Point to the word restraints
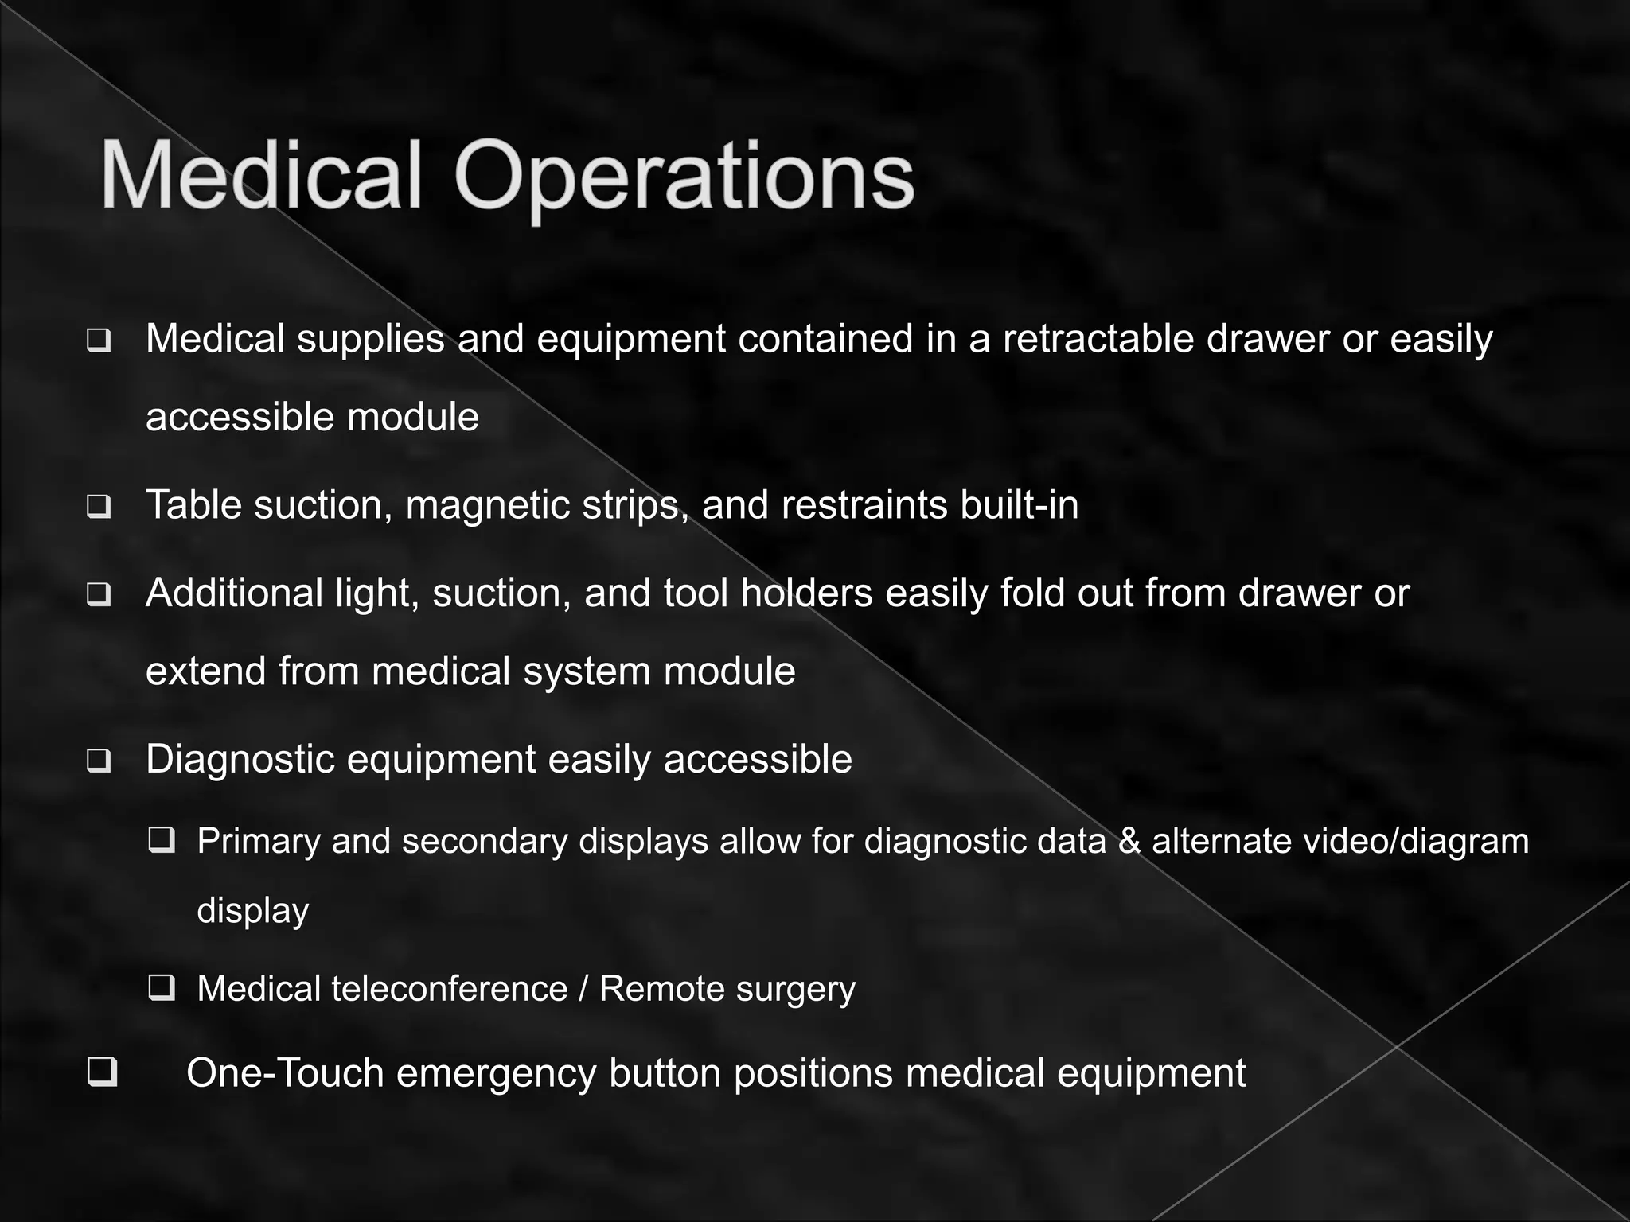point(864,505)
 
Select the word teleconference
point(450,989)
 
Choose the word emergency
point(497,1073)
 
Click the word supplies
point(370,341)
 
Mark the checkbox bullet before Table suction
point(99,507)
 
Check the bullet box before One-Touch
point(103,1072)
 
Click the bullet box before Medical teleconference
point(162,988)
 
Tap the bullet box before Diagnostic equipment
point(99,761)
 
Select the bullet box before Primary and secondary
point(162,840)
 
